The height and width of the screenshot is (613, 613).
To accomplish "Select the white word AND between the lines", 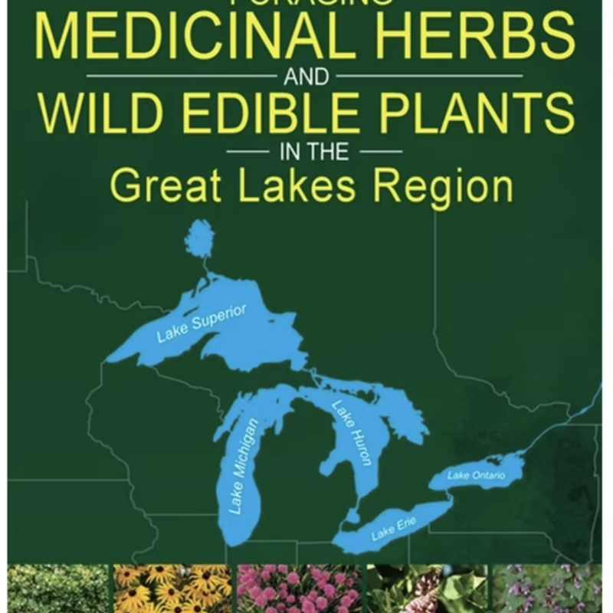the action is [306, 77].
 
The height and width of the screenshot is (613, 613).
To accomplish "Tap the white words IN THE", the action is [314, 152].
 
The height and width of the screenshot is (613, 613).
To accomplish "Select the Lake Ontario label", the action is [476, 476].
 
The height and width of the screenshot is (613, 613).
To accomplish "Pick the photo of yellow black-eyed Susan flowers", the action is [172, 589].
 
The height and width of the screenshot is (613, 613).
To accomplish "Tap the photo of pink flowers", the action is [298, 589].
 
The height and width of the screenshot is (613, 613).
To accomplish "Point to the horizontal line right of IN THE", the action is [380, 152].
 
